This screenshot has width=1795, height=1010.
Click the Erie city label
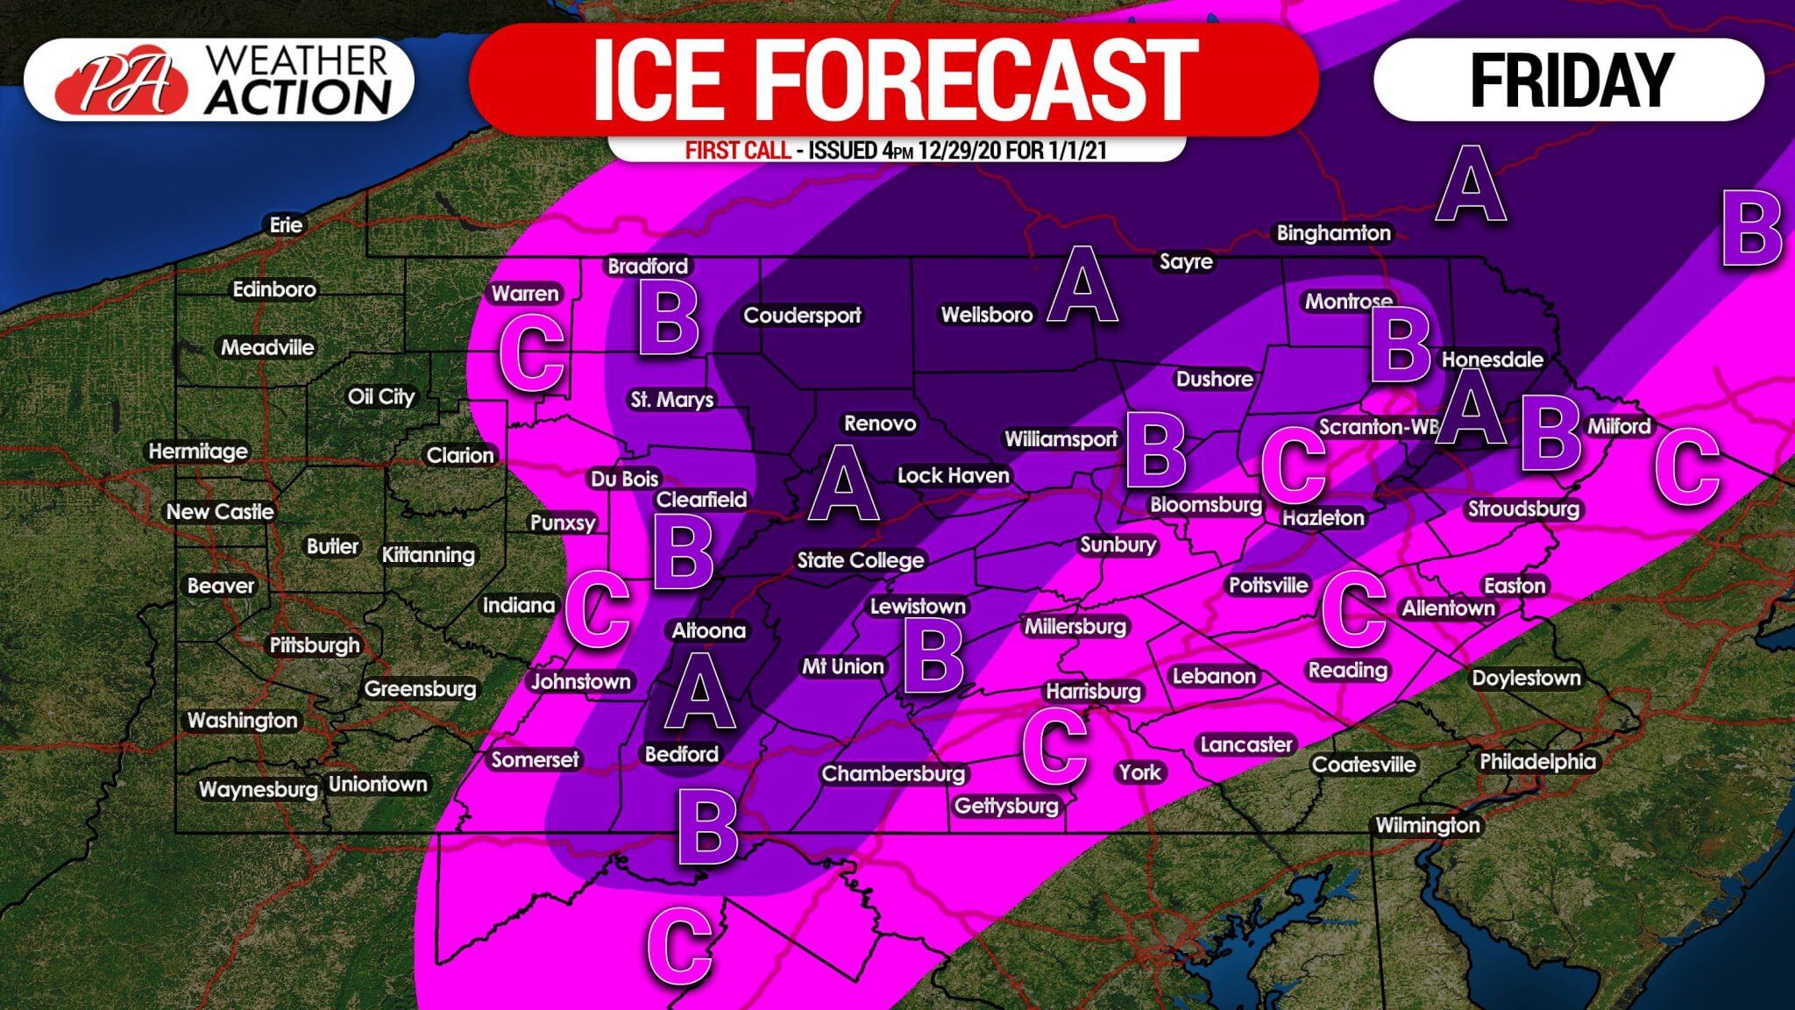(x=286, y=225)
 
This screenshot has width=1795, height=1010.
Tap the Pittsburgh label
(x=315, y=645)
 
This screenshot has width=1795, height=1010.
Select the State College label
(x=860, y=560)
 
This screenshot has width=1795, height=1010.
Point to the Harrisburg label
(x=1093, y=692)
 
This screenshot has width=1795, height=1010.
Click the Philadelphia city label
(x=1537, y=761)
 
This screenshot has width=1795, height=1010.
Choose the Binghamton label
(x=1333, y=233)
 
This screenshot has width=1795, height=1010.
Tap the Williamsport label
(x=1061, y=438)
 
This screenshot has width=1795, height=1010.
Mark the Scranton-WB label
(x=1378, y=427)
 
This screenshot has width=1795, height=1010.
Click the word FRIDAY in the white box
(x=1572, y=80)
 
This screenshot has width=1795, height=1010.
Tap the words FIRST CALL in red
(x=737, y=151)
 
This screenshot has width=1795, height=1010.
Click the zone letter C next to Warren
(x=530, y=353)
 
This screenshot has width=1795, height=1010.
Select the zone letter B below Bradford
(x=669, y=319)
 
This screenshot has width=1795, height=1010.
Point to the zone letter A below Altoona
(x=699, y=693)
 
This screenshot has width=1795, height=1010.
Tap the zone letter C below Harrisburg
(x=1054, y=746)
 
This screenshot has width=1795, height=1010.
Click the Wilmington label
(x=1427, y=825)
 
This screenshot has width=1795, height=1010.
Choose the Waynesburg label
(x=258, y=789)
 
